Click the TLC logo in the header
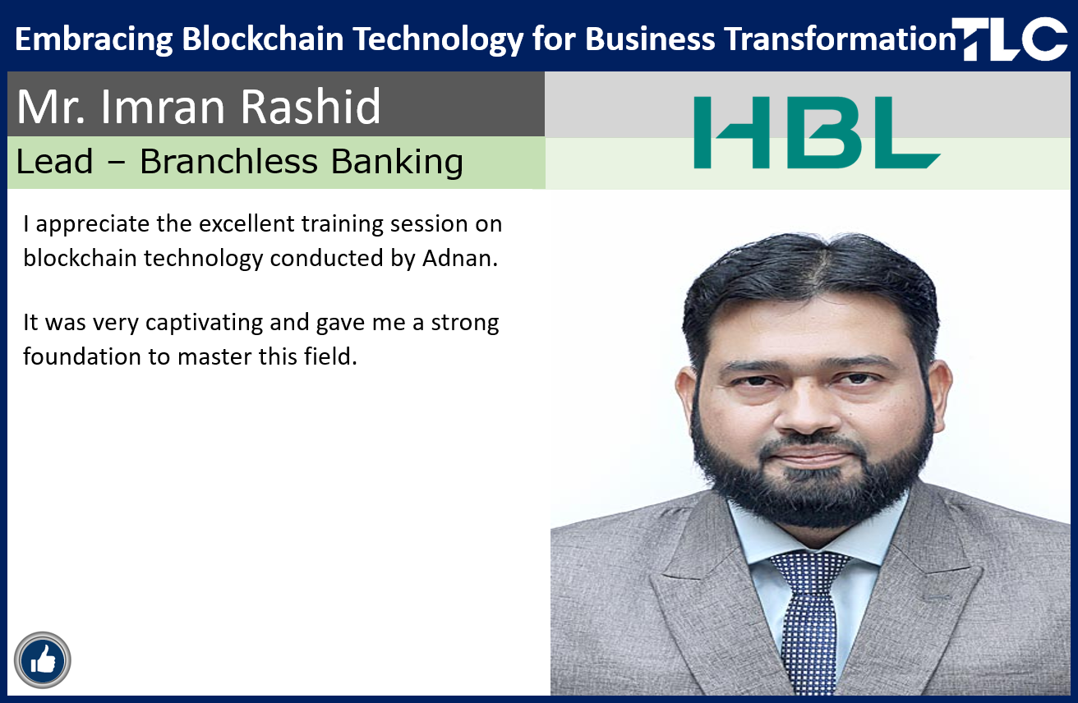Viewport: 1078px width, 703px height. point(1010,39)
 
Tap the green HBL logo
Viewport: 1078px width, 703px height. point(817,132)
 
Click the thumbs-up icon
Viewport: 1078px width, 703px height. point(43,660)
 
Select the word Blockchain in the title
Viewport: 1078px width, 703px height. point(263,39)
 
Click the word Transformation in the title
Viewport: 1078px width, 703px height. point(841,39)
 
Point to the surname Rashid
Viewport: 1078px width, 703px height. point(311,106)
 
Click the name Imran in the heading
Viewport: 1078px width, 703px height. point(163,106)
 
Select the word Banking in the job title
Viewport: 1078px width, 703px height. point(397,162)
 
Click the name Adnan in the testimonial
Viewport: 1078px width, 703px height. point(460,259)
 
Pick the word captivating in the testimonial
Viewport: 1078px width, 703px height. point(204,324)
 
